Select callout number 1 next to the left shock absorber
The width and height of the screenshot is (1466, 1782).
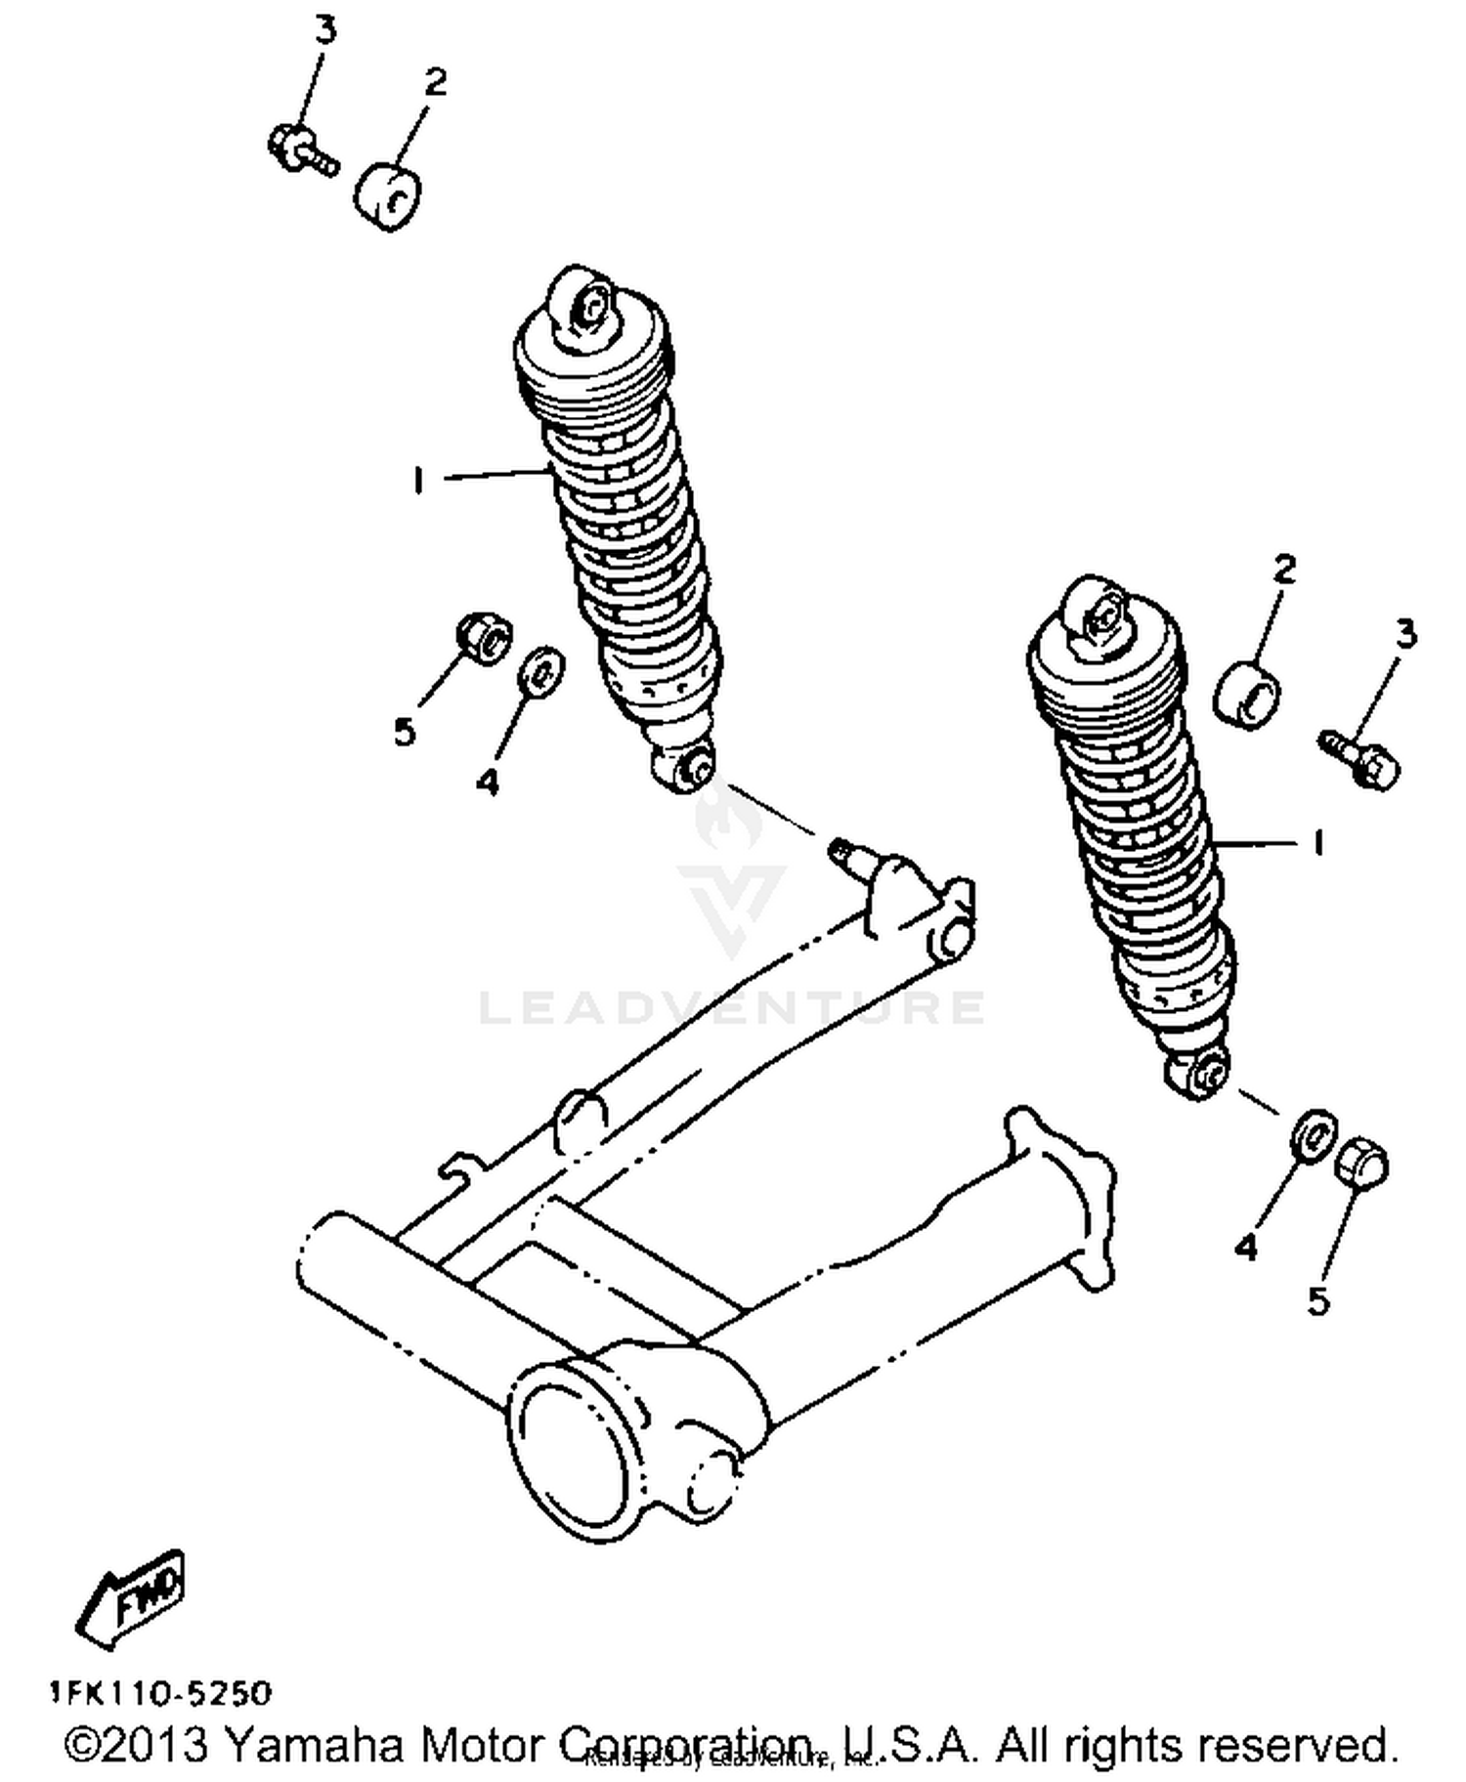tap(418, 480)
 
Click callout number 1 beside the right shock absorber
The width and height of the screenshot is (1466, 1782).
tap(1317, 842)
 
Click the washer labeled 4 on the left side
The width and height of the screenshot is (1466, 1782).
tap(540, 671)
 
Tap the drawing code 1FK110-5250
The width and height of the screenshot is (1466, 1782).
tap(161, 1691)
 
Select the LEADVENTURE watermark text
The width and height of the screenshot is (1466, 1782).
tap(732, 1007)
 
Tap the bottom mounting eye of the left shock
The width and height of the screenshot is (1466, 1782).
tap(690, 768)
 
